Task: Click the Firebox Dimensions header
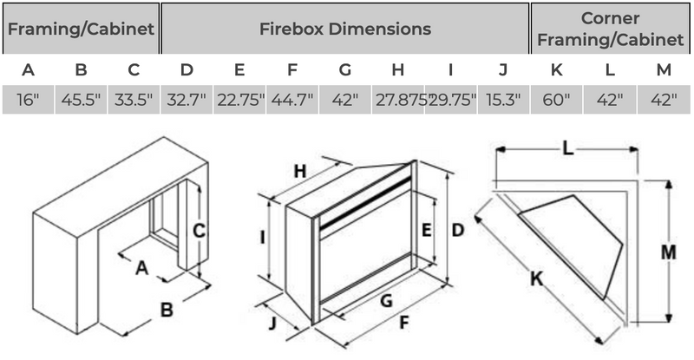(344, 29)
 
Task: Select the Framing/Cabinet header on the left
(81, 29)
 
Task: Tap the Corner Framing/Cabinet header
(612, 29)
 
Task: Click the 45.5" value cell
(81, 100)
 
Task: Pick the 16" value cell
(28, 100)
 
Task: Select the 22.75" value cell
(239, 100)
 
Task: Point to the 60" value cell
(556, 100)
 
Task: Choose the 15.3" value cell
(503, 100)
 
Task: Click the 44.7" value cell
(292, 100)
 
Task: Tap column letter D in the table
(187, 69)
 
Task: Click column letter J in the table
(503, 69)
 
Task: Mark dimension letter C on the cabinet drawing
(198, 232)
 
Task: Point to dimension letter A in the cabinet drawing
(142, 268)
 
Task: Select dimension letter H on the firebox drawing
(300, 172)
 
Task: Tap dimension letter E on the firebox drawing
(426, 230)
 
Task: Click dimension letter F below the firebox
(403, 324)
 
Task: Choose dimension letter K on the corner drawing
(536, 279)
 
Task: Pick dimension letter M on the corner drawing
(668, 252)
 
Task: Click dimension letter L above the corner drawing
(566, 149)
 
